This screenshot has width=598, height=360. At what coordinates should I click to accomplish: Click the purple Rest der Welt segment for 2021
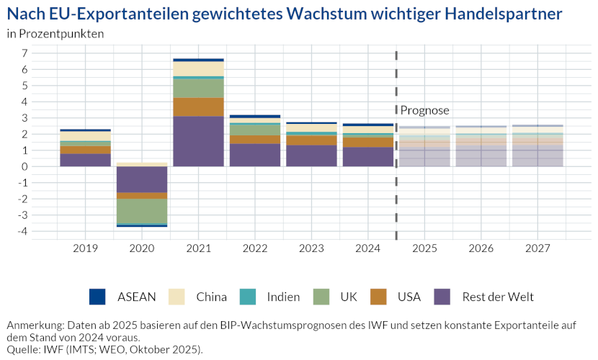198,141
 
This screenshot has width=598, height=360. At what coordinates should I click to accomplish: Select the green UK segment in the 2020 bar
142,211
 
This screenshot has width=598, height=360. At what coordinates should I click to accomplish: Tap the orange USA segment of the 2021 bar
198,107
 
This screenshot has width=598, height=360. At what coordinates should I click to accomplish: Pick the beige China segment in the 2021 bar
198,68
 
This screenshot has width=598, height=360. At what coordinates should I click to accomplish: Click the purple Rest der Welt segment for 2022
254,155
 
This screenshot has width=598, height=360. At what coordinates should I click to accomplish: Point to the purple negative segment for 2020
142,179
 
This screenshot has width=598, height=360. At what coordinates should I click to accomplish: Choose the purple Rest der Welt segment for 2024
367,157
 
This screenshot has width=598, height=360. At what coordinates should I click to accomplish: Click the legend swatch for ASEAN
97,296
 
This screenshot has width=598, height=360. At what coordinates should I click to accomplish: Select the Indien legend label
283,297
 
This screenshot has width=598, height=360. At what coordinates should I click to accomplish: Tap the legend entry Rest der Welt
498,297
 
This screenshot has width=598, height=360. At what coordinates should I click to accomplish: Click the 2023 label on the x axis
311,248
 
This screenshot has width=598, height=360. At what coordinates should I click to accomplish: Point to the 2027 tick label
537,248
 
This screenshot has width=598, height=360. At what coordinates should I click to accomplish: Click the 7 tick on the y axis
24,53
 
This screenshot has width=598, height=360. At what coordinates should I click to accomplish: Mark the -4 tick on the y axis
23,231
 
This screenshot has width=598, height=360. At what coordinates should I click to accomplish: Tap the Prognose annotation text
424,110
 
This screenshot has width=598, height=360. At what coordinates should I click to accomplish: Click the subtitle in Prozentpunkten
55,33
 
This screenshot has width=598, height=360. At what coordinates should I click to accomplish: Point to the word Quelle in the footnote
22,349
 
